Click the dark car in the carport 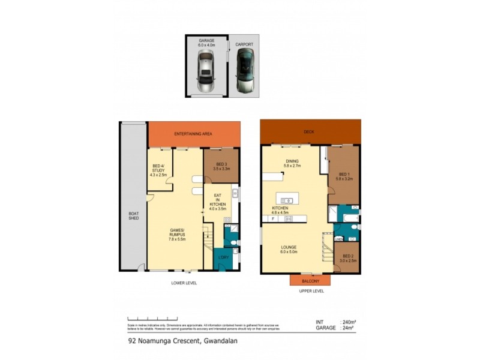pos(245,71)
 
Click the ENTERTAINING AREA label pos(194,133)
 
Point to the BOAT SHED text pos(133,215)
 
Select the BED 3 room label pos(221,167)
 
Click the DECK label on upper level pos(310,131)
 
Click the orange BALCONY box pos(310,280)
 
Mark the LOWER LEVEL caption pos(183,283)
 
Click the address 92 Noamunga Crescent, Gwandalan pos(179,343)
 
